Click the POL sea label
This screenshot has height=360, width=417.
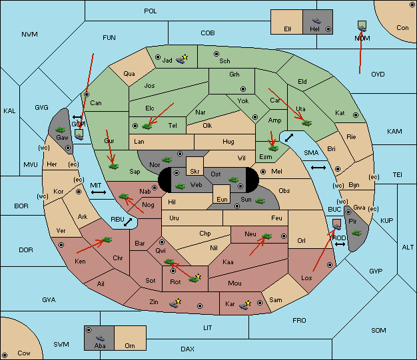(x=151, y=11)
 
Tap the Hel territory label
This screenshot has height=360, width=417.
(x=314, y=29)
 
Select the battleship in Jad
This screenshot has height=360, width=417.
(x=181, y=60)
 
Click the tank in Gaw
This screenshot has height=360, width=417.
(x=61, y=130)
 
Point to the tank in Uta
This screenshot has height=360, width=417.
(x=307, y=123)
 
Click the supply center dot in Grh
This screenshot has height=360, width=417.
(x=243, y=89)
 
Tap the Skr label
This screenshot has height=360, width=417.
(x=195, y=172)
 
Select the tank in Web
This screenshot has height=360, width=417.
(x=180, y=186)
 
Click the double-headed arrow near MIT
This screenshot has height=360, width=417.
(x=99, y=192)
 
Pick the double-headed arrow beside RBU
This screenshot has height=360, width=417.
(x=128, y=222)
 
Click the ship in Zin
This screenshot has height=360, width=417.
(x=174, y=304)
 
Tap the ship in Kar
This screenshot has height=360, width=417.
(x=244, y=306)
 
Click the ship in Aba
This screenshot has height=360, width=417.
(x=101, y=338)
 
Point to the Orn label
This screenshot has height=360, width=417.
(x=130, y=345)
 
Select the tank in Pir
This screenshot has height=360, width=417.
(x=356, y=233)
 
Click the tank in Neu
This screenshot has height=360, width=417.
(x=266, y=236)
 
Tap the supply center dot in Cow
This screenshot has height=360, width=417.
(x=5, y=355)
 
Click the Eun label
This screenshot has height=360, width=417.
(x=222, y=199)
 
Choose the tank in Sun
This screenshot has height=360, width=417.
(x=260, y=200)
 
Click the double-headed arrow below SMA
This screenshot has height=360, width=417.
(x=318, y=168)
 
